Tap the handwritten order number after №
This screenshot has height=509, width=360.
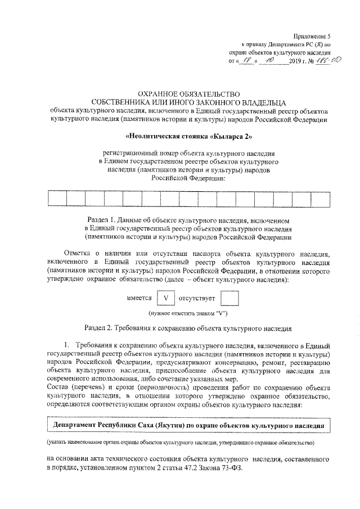click(x=327, y=60)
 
